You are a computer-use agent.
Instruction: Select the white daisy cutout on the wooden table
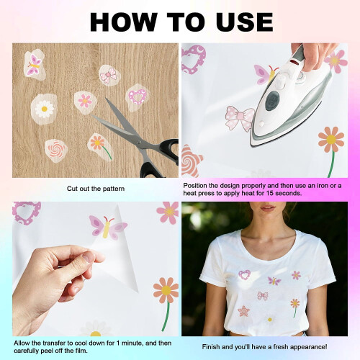tap(44, 109)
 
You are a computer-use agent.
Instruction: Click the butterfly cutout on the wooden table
tap(35, 65)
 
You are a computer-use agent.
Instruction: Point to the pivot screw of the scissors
tap(140, 143)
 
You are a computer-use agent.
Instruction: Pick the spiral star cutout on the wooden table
tap(56, 150)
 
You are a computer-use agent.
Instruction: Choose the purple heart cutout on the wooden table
tap(138, 97)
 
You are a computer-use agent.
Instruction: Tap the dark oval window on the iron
tap(272, 101)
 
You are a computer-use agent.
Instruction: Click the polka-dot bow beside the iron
tap(240, 118)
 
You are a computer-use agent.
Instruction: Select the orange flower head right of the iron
tap(331, 139)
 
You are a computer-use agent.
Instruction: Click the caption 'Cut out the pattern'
tap(96, 189)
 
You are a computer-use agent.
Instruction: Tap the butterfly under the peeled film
tap(107, 227)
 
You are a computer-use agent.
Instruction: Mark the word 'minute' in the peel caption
tap(132, 343)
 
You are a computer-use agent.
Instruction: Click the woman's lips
tap(268, 207)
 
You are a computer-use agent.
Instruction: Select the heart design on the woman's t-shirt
tap(244, 275)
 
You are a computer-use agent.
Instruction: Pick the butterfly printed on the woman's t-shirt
tap(274, 281)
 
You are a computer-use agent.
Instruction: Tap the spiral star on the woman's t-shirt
tap(244, 311)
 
